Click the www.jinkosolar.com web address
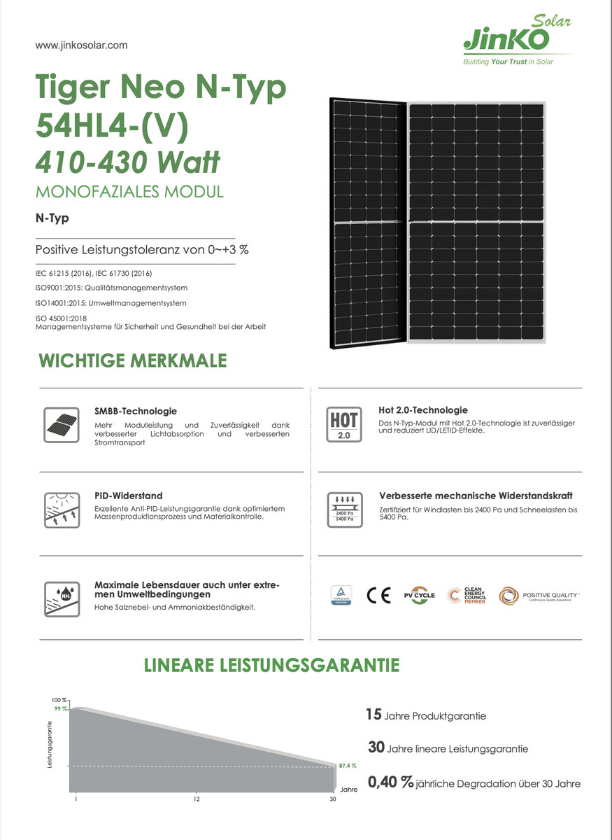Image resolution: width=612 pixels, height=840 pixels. tap(81, 45)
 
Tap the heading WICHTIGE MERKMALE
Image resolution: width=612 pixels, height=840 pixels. tap(133, 361)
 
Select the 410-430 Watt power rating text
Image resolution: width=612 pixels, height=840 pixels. tap(128, 162)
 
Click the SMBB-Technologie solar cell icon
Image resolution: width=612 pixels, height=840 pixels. tap(61, 423)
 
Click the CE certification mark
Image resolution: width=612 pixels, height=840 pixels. tap(378, 595)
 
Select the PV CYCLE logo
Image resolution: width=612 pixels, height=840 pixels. tap(419, 595)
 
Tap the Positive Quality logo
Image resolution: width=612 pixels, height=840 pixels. tap(539, 595)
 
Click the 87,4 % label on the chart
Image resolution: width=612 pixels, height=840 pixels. tap(348, 766)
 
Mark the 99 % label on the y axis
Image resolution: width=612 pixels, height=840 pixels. tap(60, 709)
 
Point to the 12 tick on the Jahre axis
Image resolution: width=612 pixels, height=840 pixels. tap(197, 799)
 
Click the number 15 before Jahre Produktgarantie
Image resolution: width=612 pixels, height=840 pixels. tap(373, 715)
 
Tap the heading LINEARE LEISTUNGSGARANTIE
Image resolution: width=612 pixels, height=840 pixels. tap(272, 665)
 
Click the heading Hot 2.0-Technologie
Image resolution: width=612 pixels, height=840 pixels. tap(422, 410)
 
